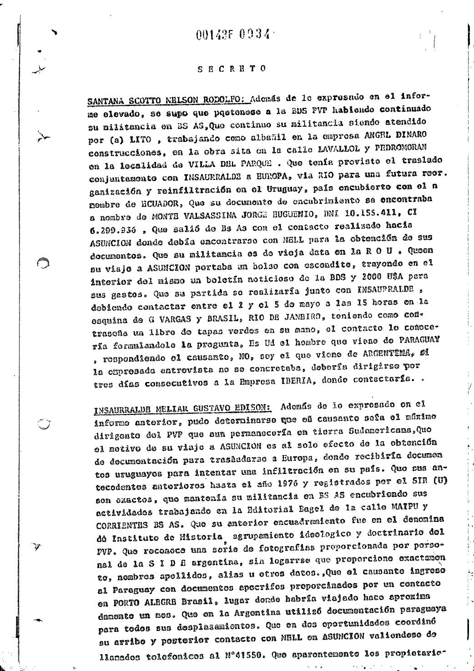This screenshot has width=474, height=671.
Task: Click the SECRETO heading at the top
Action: pyautogui.click(x=232, y=69)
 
